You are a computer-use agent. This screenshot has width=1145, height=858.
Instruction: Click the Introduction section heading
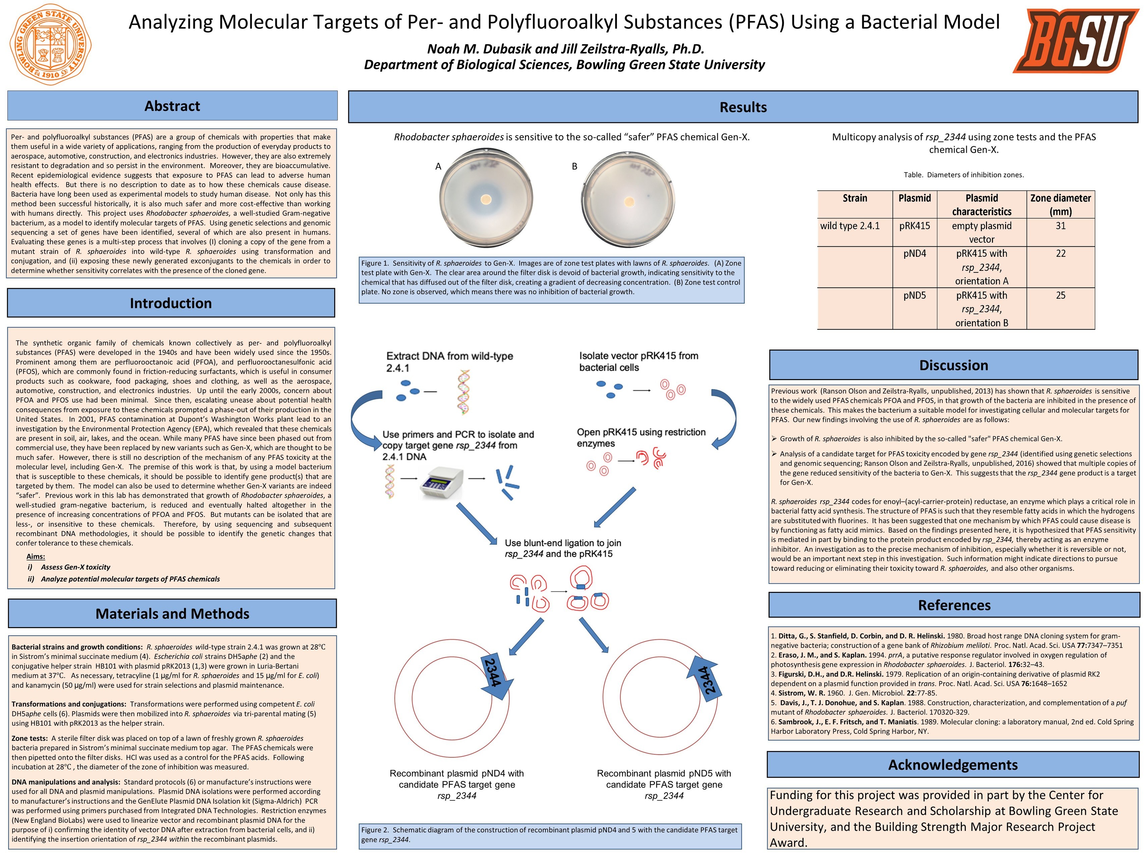point(171,303)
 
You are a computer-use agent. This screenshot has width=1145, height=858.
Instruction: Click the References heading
point(954,605)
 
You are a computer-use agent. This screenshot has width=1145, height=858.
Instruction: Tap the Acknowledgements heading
point(953,765)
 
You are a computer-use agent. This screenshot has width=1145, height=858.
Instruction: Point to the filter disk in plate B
point(629,201)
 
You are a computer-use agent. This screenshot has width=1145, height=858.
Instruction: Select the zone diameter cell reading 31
point(1060,226)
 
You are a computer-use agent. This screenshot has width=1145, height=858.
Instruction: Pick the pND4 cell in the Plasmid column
point(915,253)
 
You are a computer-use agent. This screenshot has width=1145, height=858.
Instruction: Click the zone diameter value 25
point(1060,295)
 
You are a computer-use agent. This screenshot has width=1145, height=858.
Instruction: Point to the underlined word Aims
point(36,556)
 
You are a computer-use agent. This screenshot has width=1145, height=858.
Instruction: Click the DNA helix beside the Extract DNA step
point(464,392)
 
